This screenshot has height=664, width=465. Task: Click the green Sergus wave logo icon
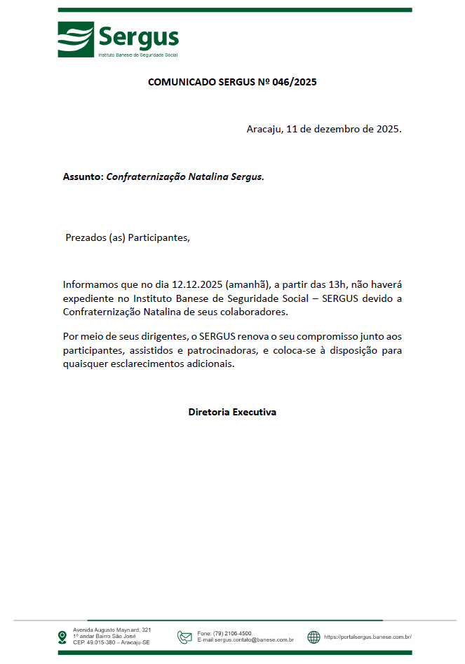coord(76,39)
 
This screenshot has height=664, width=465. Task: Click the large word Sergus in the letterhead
coord(138,36)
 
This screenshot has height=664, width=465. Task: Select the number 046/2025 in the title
coord(295,82)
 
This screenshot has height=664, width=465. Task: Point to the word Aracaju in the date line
coord(264,130)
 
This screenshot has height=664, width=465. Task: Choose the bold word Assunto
coord(82,177)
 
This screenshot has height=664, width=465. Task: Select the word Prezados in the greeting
coord(86,237)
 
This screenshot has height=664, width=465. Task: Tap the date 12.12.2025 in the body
coord(197,285)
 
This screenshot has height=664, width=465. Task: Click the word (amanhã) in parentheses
coord(248,285)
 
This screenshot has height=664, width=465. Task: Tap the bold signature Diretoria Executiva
coord(232,412)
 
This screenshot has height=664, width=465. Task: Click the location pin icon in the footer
coord(62,637)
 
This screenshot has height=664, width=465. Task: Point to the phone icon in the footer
coord(184,637)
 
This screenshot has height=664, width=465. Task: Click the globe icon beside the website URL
coord(314,637)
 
